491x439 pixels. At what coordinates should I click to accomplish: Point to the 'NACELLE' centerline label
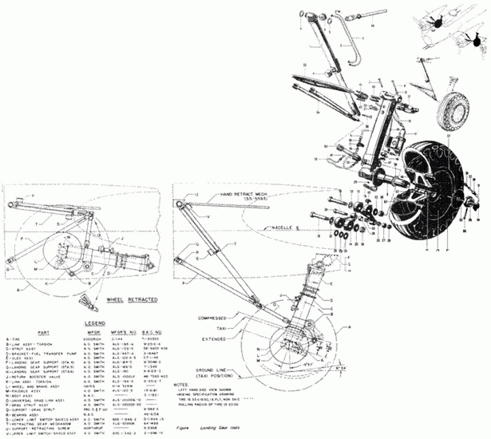(300, 226)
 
